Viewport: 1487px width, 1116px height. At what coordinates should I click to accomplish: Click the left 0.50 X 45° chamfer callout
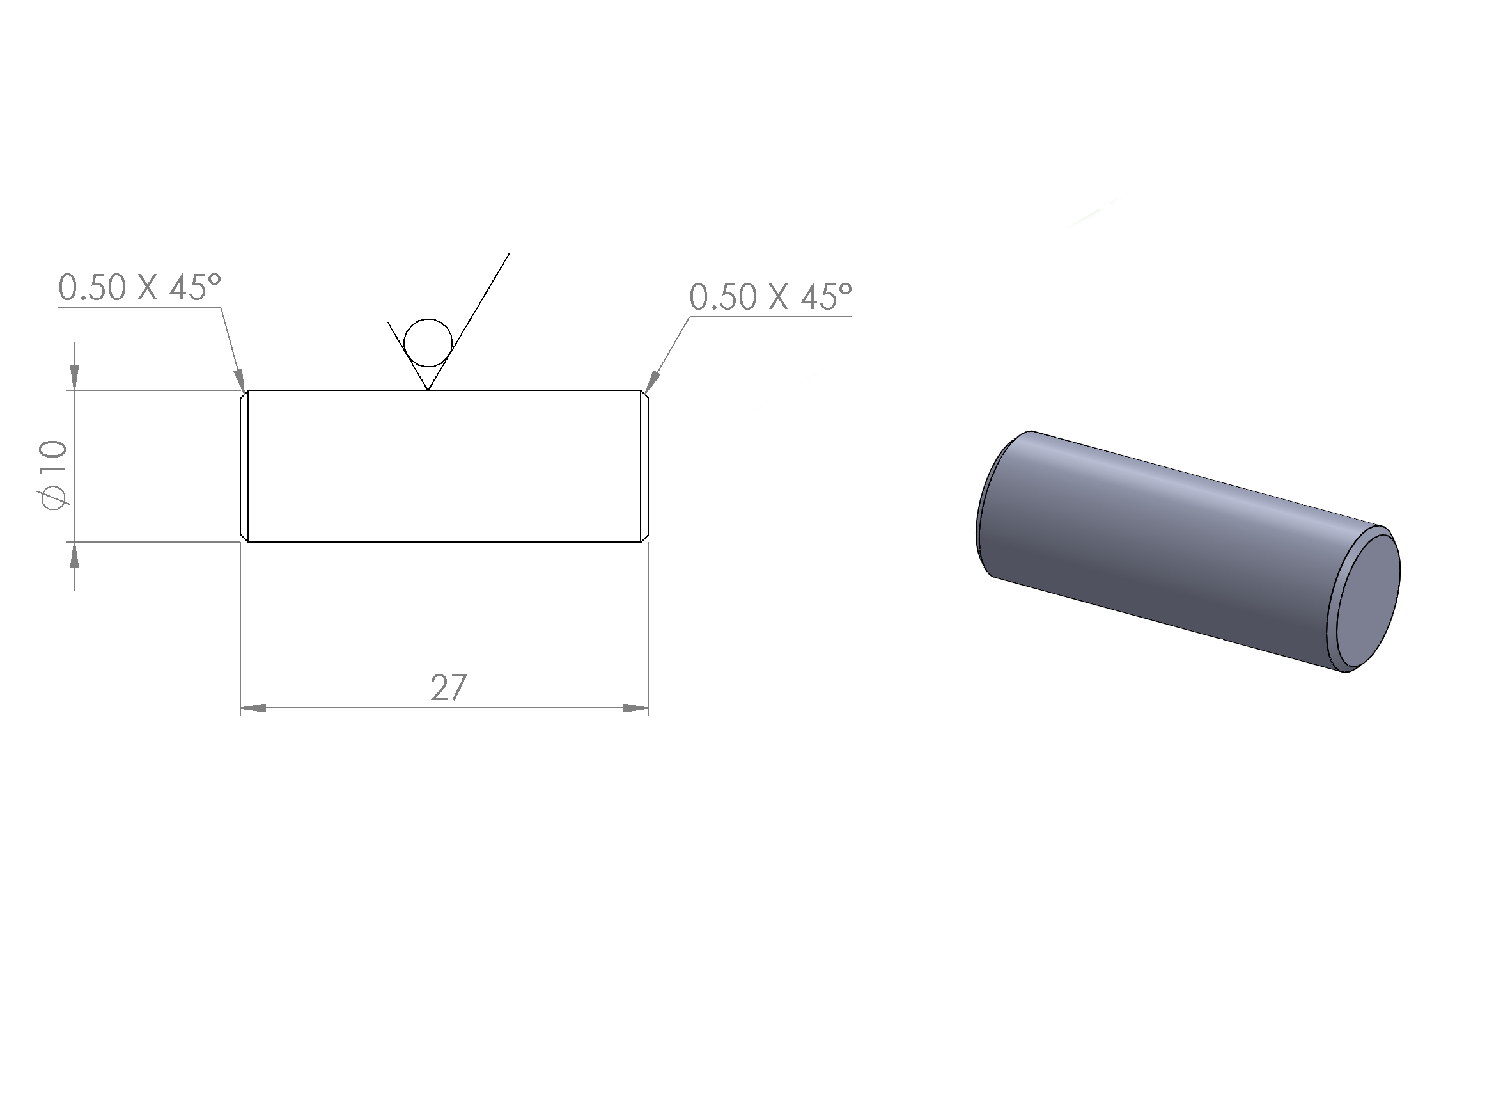point(140,287)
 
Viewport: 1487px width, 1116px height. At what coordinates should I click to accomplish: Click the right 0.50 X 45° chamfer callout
point(770,297)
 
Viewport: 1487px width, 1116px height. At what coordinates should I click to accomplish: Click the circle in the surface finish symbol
point(428,343)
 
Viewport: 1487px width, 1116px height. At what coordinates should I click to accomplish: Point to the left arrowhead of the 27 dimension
point(253,708)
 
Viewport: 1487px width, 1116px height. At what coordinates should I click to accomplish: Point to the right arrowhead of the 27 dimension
point(635,708)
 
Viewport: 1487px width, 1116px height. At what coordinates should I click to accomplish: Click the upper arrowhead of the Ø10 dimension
point(74,378)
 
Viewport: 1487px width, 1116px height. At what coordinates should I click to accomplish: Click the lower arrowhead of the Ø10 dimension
point(74,554)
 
